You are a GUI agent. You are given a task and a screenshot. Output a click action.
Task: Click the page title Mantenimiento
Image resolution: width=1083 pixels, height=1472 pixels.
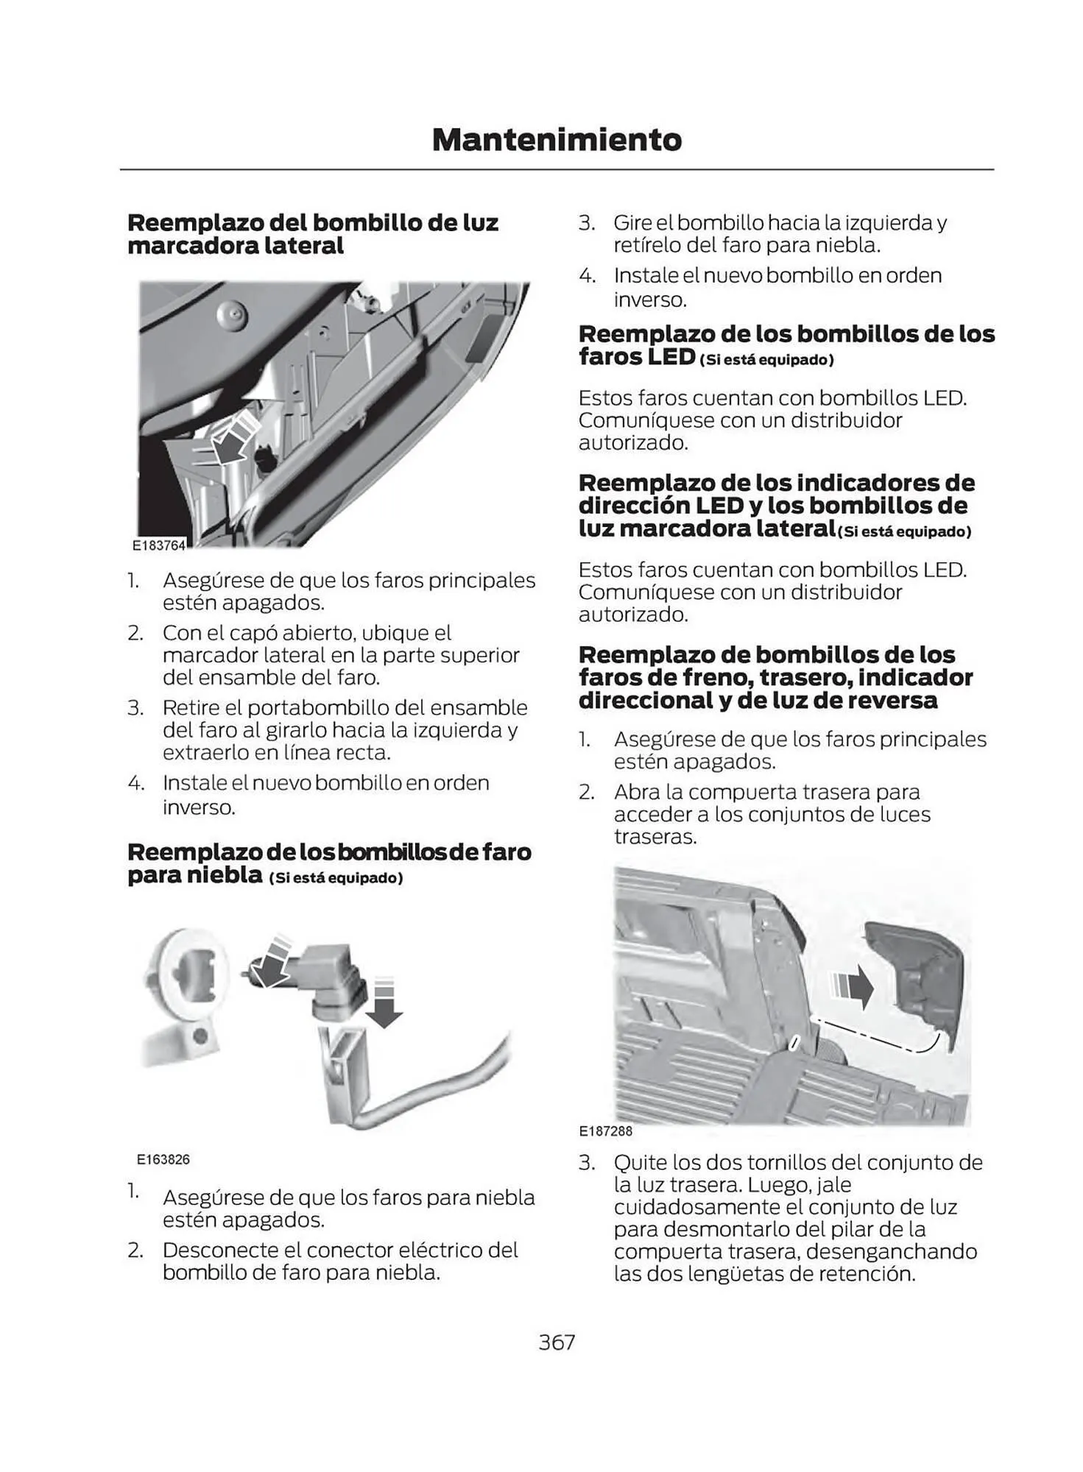tap(557, 140)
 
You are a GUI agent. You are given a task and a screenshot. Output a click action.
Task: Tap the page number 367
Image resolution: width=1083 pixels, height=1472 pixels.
tap(557, 1342)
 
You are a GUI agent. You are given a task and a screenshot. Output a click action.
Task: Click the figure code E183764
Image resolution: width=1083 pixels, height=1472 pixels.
tap(159, 545)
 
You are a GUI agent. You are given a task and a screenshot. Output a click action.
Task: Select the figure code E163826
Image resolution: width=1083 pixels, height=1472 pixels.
tap(163, 1159)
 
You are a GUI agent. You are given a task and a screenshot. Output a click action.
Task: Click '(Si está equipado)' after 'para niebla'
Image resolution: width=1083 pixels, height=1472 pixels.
tap(336, 878)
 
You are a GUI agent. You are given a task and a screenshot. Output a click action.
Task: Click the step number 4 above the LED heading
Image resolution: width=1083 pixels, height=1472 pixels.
tap(586, 276)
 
